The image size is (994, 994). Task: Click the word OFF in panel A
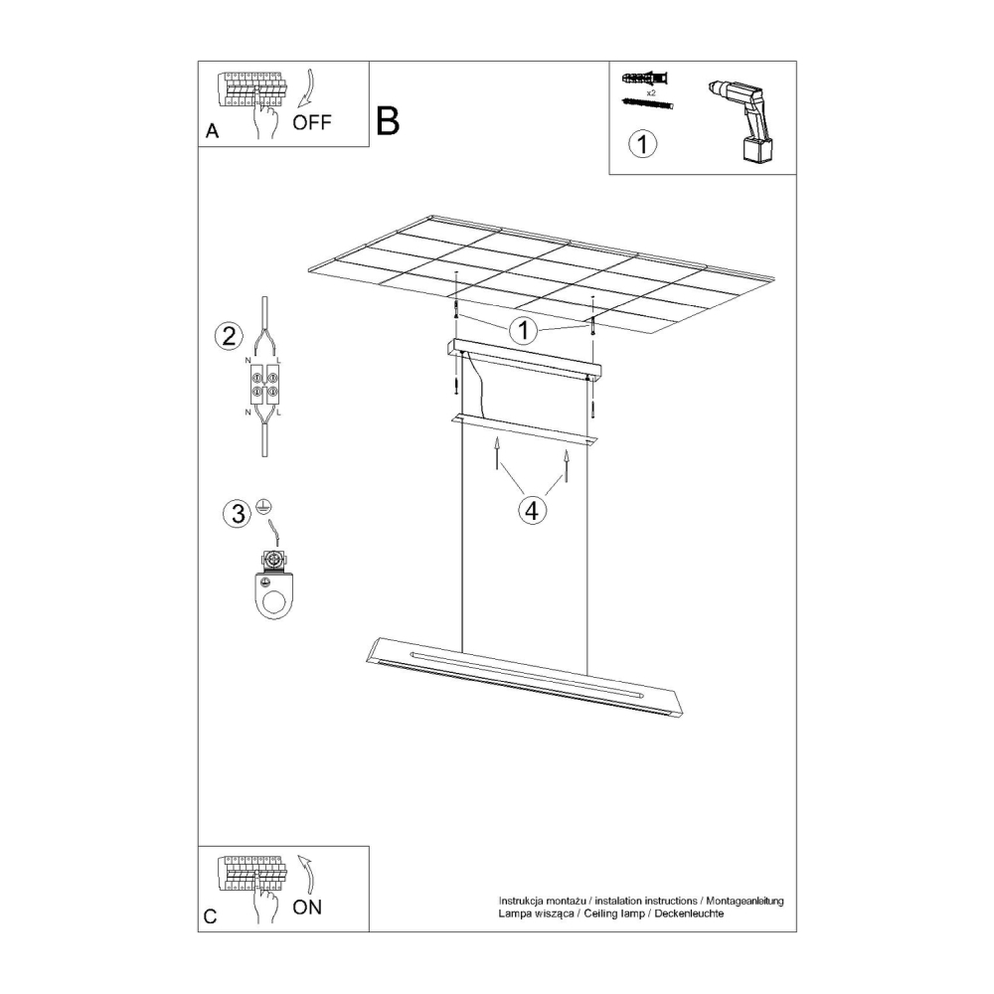click(312, 121)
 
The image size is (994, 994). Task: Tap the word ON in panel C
click(307, 908)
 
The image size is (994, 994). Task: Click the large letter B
click(388, 120)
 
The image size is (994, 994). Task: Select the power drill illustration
click(743, 121)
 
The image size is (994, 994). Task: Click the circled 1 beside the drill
click(642, 144)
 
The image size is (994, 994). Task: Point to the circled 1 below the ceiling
click(524, 330)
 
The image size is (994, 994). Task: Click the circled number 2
click(229, 336)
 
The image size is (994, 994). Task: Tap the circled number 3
click(238, 513)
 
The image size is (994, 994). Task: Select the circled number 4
click(532, 509)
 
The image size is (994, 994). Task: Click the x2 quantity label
click(650, 92)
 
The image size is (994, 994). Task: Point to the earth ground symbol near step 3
click(264, 505)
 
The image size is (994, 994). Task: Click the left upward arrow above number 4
click(497, 452)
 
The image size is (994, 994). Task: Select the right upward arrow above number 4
click(567, 467)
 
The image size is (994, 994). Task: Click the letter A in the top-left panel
click(213, 130)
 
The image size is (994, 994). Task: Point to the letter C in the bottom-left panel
click(211, 916)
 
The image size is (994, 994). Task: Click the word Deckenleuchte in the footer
click(689, 913)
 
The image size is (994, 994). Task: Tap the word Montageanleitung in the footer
click(745, 901)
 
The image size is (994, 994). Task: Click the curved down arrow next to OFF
click(307, 88)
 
